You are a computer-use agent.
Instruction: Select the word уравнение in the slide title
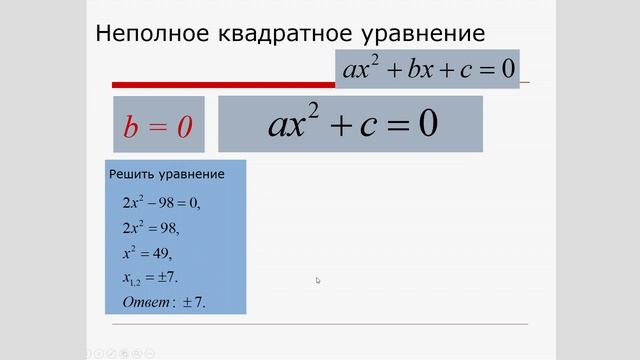point(424,33)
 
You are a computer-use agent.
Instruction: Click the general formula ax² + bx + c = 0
point(427,69)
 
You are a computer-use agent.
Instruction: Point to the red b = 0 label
point(157,125)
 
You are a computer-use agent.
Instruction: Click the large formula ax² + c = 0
point(352,123)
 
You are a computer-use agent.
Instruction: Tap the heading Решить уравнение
point(166,175)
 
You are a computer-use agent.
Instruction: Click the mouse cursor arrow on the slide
point(318,280)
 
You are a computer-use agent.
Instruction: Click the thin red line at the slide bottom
point(320,324)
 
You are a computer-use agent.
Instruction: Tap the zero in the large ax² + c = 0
point(427,123)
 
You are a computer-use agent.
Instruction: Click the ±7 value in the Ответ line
point(192,301)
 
